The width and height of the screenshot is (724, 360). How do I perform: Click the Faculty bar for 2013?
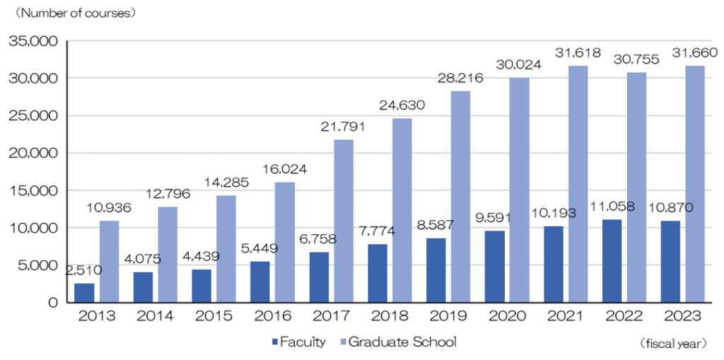[x=84, y=293]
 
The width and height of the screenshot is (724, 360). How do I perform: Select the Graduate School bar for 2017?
[x=344, y=221]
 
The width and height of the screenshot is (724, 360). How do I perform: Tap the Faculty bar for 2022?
[x=612, y=261]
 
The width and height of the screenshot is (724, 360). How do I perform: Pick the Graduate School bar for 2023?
[x=695, y=184]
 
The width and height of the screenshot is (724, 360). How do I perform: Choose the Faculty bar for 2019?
[x=436, y=270]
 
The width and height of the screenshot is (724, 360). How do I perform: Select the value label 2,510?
[x=84, y=270]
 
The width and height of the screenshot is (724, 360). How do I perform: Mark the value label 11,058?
[x=612, y=207]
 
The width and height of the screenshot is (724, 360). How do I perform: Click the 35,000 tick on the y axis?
[x=33, y=41]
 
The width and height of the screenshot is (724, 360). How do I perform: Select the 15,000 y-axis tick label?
[x=33, y=190]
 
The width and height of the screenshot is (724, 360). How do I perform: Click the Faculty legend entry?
[x=298, y=342]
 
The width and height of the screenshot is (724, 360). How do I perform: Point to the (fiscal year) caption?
[x=673, y=344]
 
